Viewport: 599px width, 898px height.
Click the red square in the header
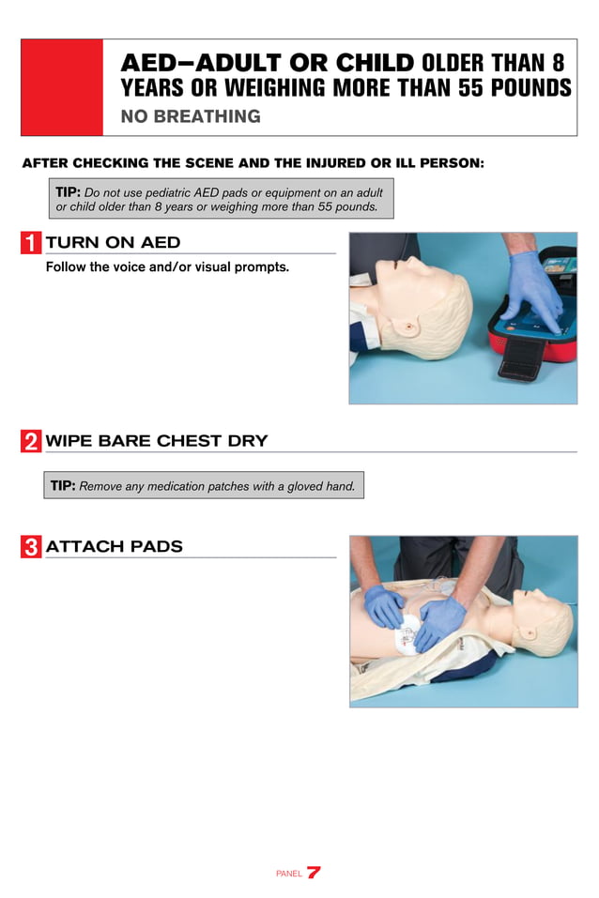coord(62,87)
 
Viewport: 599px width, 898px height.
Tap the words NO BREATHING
coord(191,117)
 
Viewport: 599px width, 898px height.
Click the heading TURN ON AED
coord(113,243)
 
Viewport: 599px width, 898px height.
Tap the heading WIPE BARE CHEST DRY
coord(156,441)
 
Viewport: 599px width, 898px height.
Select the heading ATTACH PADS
coord(114,546)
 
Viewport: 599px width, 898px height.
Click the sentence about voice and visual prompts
coord(167,267)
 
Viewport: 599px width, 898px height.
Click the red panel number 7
coord(314,872)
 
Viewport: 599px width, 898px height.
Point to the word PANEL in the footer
coord(288,874)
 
